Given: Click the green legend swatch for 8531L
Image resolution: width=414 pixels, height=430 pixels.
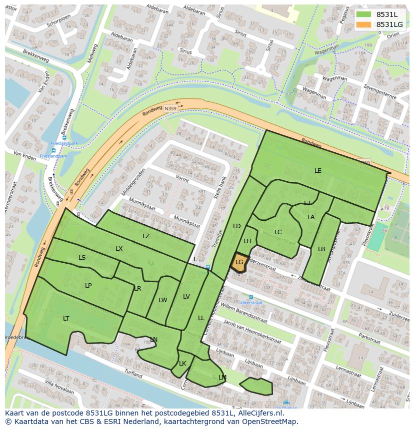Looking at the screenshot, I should (364, 14).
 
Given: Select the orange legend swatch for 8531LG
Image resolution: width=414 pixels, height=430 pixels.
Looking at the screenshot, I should (364, 24).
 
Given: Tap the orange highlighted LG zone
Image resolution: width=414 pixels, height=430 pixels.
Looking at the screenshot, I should (239, 262).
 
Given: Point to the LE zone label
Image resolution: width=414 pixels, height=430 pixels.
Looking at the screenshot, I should (318, 171).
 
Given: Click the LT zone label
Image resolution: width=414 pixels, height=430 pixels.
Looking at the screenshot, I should (66, 318).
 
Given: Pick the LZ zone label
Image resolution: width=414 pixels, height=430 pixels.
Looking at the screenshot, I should (146, 236).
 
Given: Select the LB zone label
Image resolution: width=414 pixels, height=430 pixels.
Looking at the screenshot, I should (321, 249).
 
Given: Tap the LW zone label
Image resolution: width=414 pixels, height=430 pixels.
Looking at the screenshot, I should (162, 300).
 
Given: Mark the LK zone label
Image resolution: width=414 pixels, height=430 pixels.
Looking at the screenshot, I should (182, 364).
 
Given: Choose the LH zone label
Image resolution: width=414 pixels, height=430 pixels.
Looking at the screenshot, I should (247, 241).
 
